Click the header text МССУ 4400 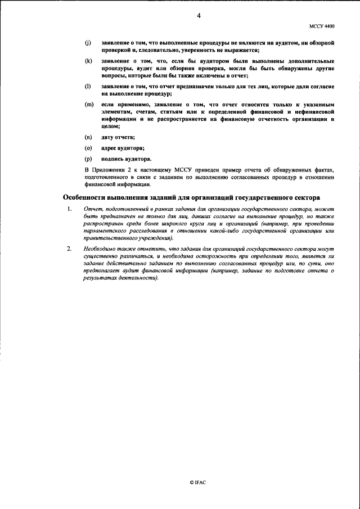322,26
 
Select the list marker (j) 87,43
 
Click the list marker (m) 88,104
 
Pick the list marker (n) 88,138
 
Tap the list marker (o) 88,148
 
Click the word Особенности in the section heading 85,198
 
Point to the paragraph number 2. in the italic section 69,249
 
